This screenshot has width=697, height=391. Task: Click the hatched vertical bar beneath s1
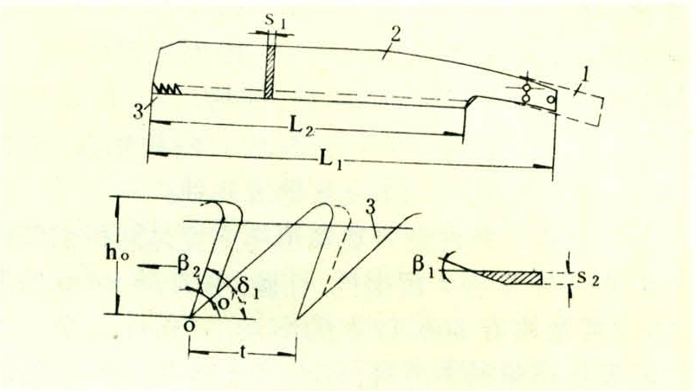click(271, 69)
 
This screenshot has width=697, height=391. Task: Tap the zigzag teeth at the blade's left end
click(168, 88)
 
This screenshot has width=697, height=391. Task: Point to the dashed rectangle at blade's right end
click(579, 104)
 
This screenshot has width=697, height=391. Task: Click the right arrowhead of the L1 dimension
click(547, 165)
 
